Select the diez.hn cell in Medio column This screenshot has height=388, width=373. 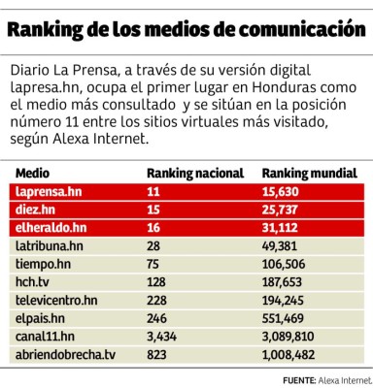pyautogui.click(x=36, y=210)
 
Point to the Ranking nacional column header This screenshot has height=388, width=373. pyautogui.click(x=194, y=173)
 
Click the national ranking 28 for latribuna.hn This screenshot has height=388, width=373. pyautogui.click(x=153, y=246)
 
